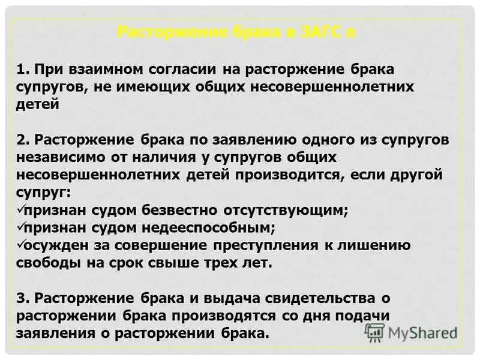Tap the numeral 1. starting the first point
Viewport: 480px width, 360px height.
(x=23, y=69)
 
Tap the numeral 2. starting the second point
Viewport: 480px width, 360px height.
(x=23, y=140)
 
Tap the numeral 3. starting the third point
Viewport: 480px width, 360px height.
(x=23, y=299)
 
